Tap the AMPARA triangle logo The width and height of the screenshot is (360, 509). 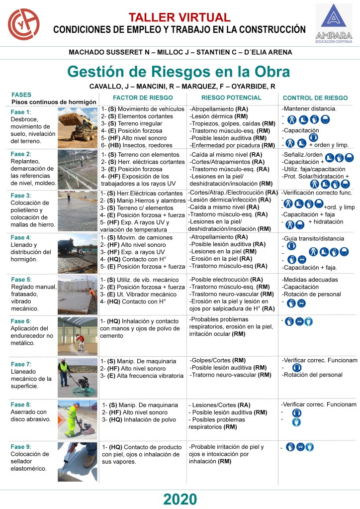pos(333,18)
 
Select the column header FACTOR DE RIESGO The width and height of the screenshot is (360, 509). pos(136,98)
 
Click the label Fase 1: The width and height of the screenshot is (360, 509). pos(21,112)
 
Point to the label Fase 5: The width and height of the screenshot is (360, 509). pos(21,279)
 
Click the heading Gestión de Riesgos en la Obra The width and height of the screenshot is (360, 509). pos(179,71)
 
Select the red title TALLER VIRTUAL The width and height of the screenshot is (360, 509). pos(180,17)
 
